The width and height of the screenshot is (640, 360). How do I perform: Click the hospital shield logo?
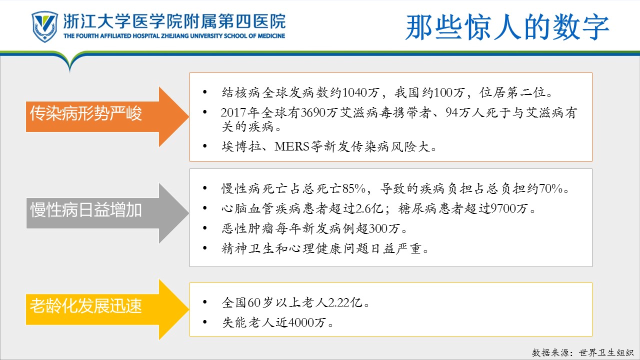[45, 26]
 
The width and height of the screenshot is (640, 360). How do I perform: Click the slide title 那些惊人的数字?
[507, 27]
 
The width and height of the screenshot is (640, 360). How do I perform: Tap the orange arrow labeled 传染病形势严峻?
[107, 116]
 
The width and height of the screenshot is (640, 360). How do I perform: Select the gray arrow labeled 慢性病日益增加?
[107, 213]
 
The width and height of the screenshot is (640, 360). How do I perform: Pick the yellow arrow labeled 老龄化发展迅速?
[107, 309]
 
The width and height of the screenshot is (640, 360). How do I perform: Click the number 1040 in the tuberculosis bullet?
[354, 92]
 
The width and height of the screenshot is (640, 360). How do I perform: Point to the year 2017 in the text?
[233, 112]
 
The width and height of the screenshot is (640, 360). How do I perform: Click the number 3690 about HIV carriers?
[313, 112]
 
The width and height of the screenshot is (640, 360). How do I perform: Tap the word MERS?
[292, 146]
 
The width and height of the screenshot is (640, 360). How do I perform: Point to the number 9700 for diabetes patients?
[503, 208]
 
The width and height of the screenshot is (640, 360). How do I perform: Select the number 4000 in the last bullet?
[301, 322]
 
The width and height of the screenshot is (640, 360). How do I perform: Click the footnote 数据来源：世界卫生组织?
[583, 352]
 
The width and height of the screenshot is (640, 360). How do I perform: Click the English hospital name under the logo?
[174, 36]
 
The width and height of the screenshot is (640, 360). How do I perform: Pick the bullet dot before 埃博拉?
[205, 146]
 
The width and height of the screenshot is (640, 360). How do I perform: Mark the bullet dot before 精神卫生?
[205, 248]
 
